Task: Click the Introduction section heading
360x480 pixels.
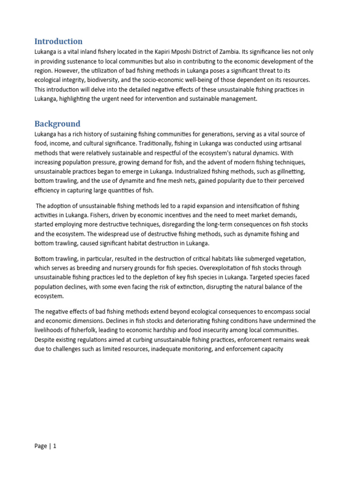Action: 58,41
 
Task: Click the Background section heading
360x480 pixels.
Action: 57,124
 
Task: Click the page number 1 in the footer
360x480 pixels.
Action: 54,446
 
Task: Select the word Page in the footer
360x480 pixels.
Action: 41,446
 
